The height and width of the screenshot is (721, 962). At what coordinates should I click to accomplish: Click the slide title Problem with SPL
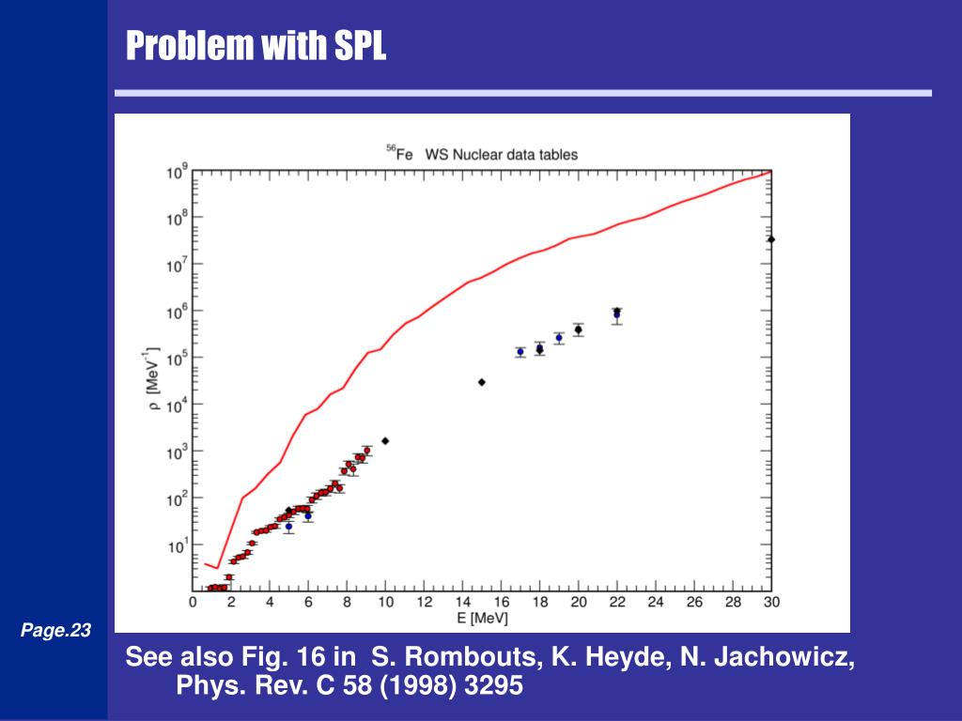pos(256,44)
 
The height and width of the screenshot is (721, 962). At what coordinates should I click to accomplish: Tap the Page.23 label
pos(55,631)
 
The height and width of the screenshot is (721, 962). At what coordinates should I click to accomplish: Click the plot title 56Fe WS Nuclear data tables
pos(482,154)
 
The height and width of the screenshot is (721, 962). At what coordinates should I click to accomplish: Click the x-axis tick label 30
pos(770,602)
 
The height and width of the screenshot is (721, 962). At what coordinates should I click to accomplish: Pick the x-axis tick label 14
pos(463,602)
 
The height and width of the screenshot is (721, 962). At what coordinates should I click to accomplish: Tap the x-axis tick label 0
pos(194,602)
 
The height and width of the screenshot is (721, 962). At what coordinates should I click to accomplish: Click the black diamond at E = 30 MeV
pos(771,239)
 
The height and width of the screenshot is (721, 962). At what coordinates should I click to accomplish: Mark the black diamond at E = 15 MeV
pos(482,382)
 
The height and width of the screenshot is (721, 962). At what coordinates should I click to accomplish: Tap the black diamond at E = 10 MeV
pos(385,440)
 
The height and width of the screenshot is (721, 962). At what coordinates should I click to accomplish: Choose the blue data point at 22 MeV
pos(616,315)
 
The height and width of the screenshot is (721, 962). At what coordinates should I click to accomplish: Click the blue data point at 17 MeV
pos(520,352)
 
